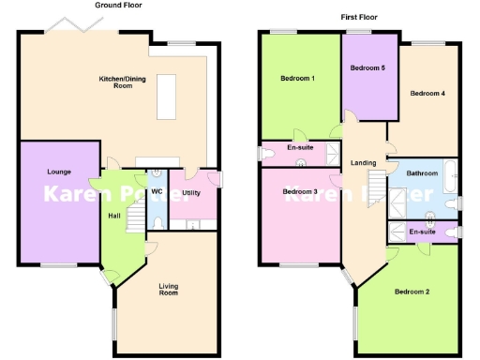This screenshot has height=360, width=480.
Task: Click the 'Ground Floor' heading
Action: pos(119,6)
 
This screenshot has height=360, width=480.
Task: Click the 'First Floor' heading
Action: pos(360,17)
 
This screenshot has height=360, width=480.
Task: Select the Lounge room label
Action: pos(59,172)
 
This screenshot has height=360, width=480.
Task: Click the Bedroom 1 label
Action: pos(297,79)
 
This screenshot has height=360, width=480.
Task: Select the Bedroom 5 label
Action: pos(367,68)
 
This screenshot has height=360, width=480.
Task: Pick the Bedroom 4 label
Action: pos(427,93)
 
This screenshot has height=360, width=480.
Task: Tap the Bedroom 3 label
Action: pos(300,192)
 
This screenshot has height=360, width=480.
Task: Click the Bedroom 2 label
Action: pos(412,292)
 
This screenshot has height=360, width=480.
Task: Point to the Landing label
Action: pos(363,163)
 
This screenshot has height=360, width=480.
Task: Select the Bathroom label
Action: pos(422,173)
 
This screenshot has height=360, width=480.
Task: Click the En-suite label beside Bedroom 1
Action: pos(300,147)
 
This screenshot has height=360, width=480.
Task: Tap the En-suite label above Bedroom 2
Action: pos(422,231)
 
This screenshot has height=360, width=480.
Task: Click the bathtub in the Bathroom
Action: pos(451,173)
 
